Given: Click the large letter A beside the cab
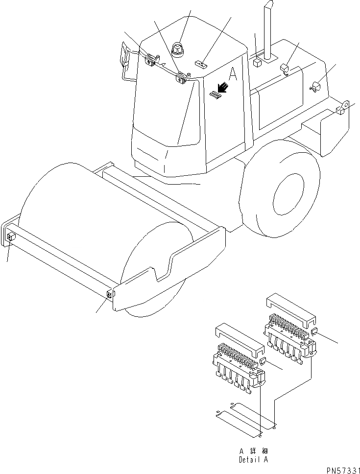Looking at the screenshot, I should point(233,74).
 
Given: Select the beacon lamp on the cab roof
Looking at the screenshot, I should point(177,48).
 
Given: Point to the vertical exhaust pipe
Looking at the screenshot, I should point(268,29).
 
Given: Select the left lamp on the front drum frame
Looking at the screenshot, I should point(11,237).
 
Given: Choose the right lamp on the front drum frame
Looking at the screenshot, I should point(109,294).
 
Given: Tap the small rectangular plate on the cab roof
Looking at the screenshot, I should point(201,63).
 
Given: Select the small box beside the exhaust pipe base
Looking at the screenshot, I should point(257,63).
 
